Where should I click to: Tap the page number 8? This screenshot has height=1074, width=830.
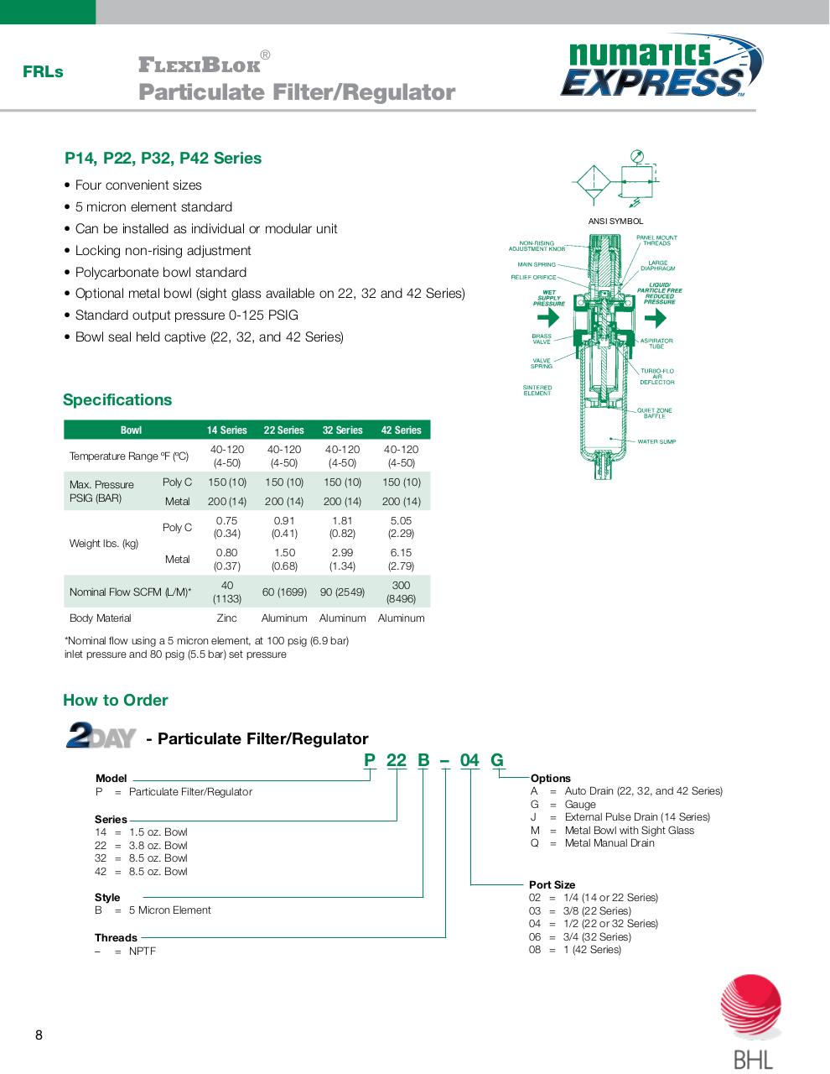tap(39, 1035)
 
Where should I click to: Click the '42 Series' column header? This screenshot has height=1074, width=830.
tap(401, 430)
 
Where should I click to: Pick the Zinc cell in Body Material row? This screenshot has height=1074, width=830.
tap(226, 618)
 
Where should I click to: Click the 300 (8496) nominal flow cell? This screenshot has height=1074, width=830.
tap(401, 592)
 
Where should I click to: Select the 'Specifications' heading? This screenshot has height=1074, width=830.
tap(117, 400)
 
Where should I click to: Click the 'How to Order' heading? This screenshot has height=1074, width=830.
tap(116, 701)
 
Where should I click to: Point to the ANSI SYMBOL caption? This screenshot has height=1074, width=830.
tap(615, 222)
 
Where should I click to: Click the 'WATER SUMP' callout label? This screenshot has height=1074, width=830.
tap(656, 441)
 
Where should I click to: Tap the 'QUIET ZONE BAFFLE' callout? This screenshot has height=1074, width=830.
tap(654, 413)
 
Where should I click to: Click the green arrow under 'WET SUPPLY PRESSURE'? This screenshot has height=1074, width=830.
tap(548, 318)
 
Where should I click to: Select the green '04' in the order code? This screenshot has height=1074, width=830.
tap(469, 760)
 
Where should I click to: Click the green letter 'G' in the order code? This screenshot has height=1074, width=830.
tap(497, 760)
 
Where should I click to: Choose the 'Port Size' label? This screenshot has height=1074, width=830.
tap(552, 884)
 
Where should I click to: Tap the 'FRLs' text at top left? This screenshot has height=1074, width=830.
tap(43, 72)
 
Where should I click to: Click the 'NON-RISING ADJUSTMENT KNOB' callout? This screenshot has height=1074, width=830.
tap(537, 246)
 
